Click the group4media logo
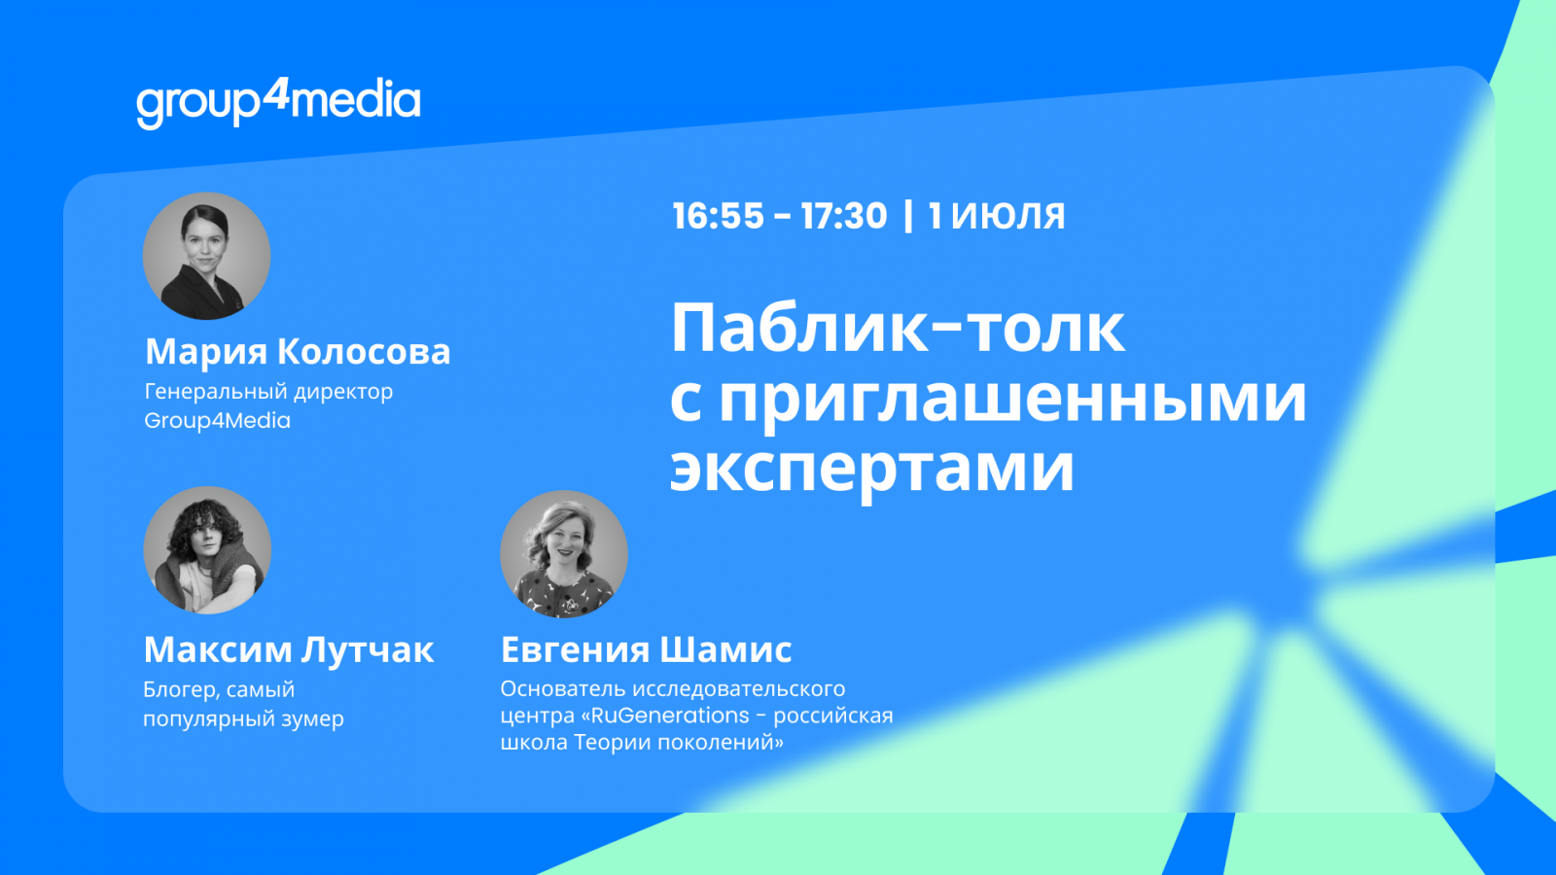click(278, 103)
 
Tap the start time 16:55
click(719, 215)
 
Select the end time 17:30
click(844, 215)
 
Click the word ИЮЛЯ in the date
click(1008, 215)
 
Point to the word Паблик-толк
click(898, 329)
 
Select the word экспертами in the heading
click(871, 470)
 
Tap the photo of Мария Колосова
click(206, 257)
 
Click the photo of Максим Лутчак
click(207, 550)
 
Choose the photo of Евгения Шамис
click(564, 554)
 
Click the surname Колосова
click(364, 351)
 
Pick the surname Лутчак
click(368, 650)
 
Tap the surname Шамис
click(725, 650)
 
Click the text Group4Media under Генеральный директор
click(218, 420)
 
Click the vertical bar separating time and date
click(908, 215)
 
